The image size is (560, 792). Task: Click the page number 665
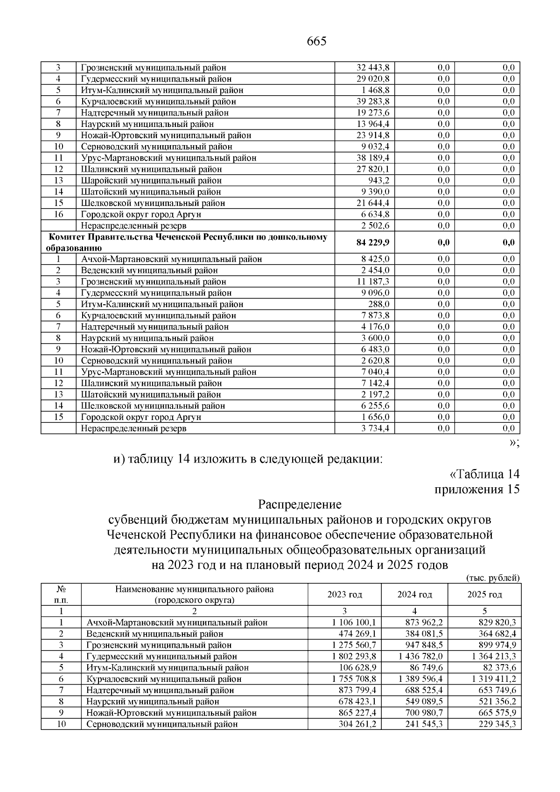tap(317, 42)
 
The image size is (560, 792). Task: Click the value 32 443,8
tap(373, 68)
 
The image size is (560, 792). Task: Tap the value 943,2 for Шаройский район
tap(379, 181)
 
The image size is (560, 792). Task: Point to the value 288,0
tap(379, 304)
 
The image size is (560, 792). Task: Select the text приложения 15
tap(476, 490)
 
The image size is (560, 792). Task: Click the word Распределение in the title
tap(300, 505)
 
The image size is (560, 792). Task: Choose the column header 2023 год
tap(344, 595)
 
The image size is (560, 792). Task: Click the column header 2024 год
tap(414, 595)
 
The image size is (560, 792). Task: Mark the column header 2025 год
tap(484, 595)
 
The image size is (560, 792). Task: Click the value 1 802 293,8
tap(354, 657)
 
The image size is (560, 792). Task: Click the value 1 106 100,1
tap(354, 623)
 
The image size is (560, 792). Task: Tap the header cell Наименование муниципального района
tap(194, 589)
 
